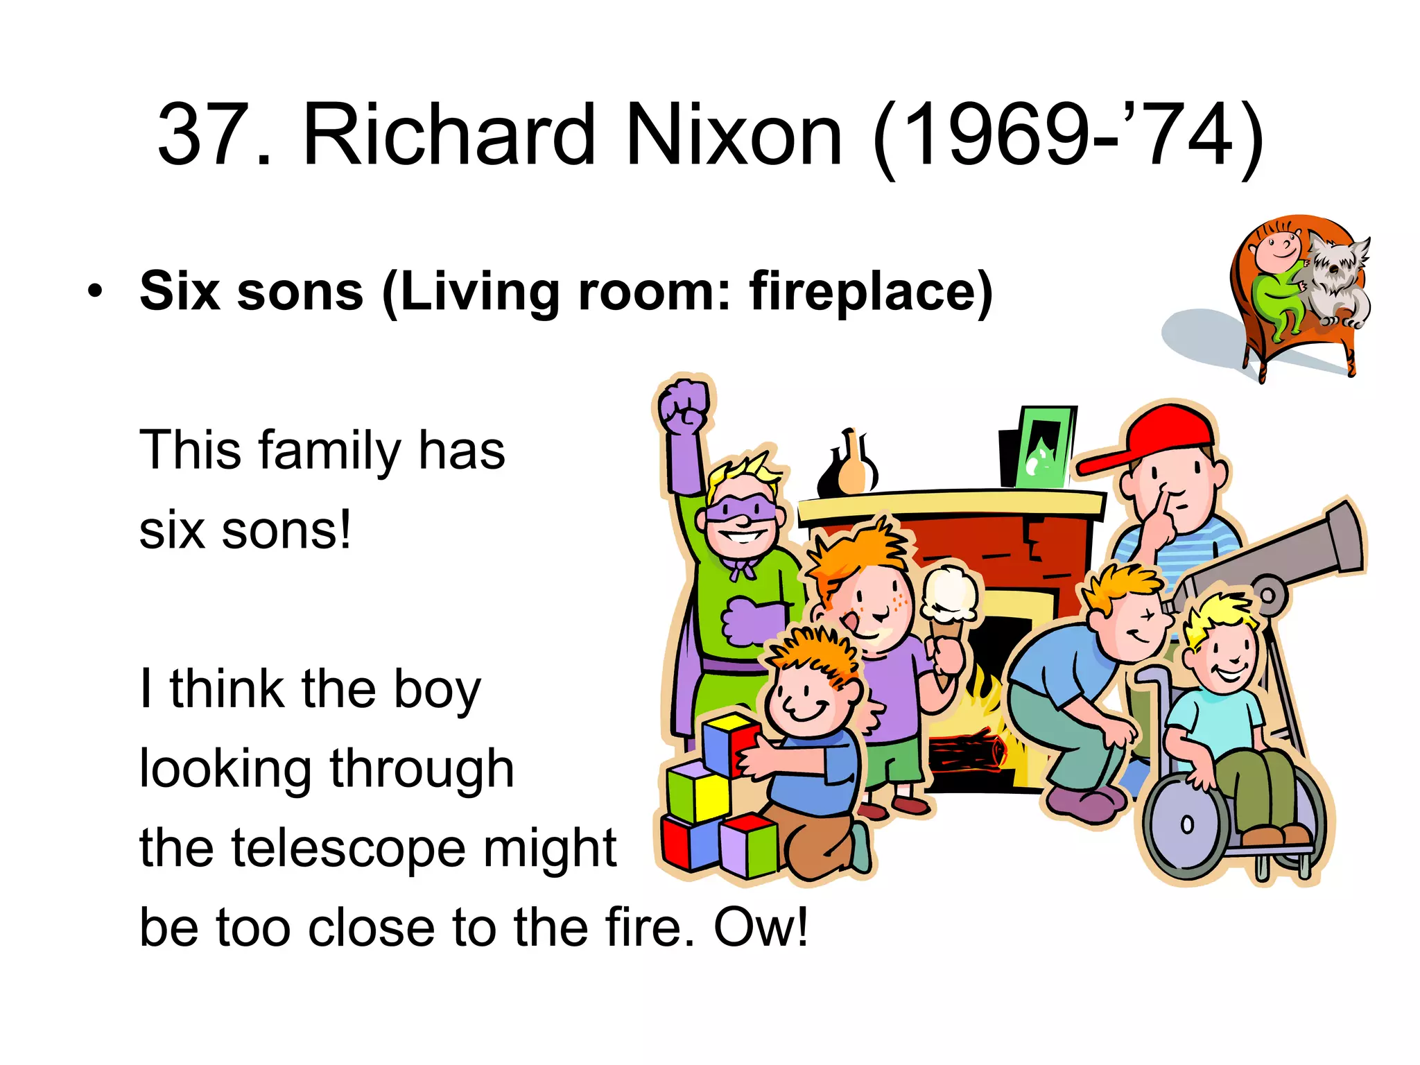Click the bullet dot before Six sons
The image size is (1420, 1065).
(x=96, y=291)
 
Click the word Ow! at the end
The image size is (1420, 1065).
(x=761, y=927)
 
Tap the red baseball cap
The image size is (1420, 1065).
(x=1151, y=437)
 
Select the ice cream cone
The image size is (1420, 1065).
(x=948, y=610)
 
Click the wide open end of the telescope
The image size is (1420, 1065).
(x=1345, y=537)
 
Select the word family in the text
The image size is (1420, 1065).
(x=329, y=451)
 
